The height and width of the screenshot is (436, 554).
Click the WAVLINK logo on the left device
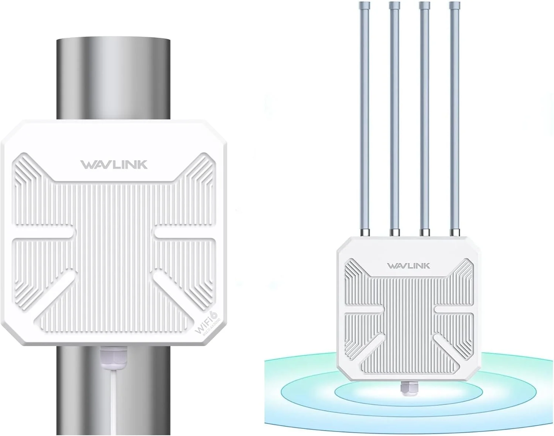[x=114, y=165]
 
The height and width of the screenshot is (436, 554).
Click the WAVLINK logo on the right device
[x=408, y=266]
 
